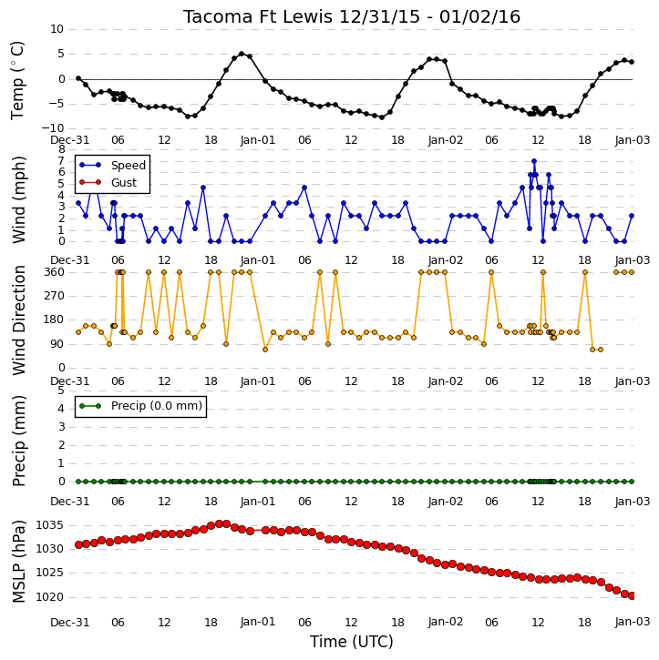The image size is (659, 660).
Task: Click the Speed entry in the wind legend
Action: point(129,166)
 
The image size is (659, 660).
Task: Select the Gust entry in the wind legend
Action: point(123,183)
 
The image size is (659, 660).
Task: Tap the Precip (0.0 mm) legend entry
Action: point(157,406)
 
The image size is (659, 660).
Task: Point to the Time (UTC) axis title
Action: point(352,642)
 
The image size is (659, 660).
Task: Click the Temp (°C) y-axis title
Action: point(17,80)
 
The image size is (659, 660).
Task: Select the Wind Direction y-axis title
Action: point(18,320)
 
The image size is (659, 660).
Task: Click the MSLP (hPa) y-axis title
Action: point(18,562)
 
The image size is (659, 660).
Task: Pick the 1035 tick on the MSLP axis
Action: point(50,525)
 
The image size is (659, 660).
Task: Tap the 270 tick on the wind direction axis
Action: point(55,296)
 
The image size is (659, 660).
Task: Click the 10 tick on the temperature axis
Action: point(57,29)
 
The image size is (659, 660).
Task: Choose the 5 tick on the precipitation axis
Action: point(61,391)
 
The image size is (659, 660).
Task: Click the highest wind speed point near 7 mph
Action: point(534,161)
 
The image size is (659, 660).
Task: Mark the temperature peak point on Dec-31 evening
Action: point(242,54)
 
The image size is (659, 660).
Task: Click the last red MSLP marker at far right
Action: point(632,596)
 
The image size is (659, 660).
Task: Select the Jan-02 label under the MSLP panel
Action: point(446,622)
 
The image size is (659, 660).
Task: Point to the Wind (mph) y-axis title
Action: point(18,200)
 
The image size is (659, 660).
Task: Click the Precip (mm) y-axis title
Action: point(18,442)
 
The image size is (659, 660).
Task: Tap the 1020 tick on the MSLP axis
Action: point(50,597)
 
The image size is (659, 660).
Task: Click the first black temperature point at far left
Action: point(78,78)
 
